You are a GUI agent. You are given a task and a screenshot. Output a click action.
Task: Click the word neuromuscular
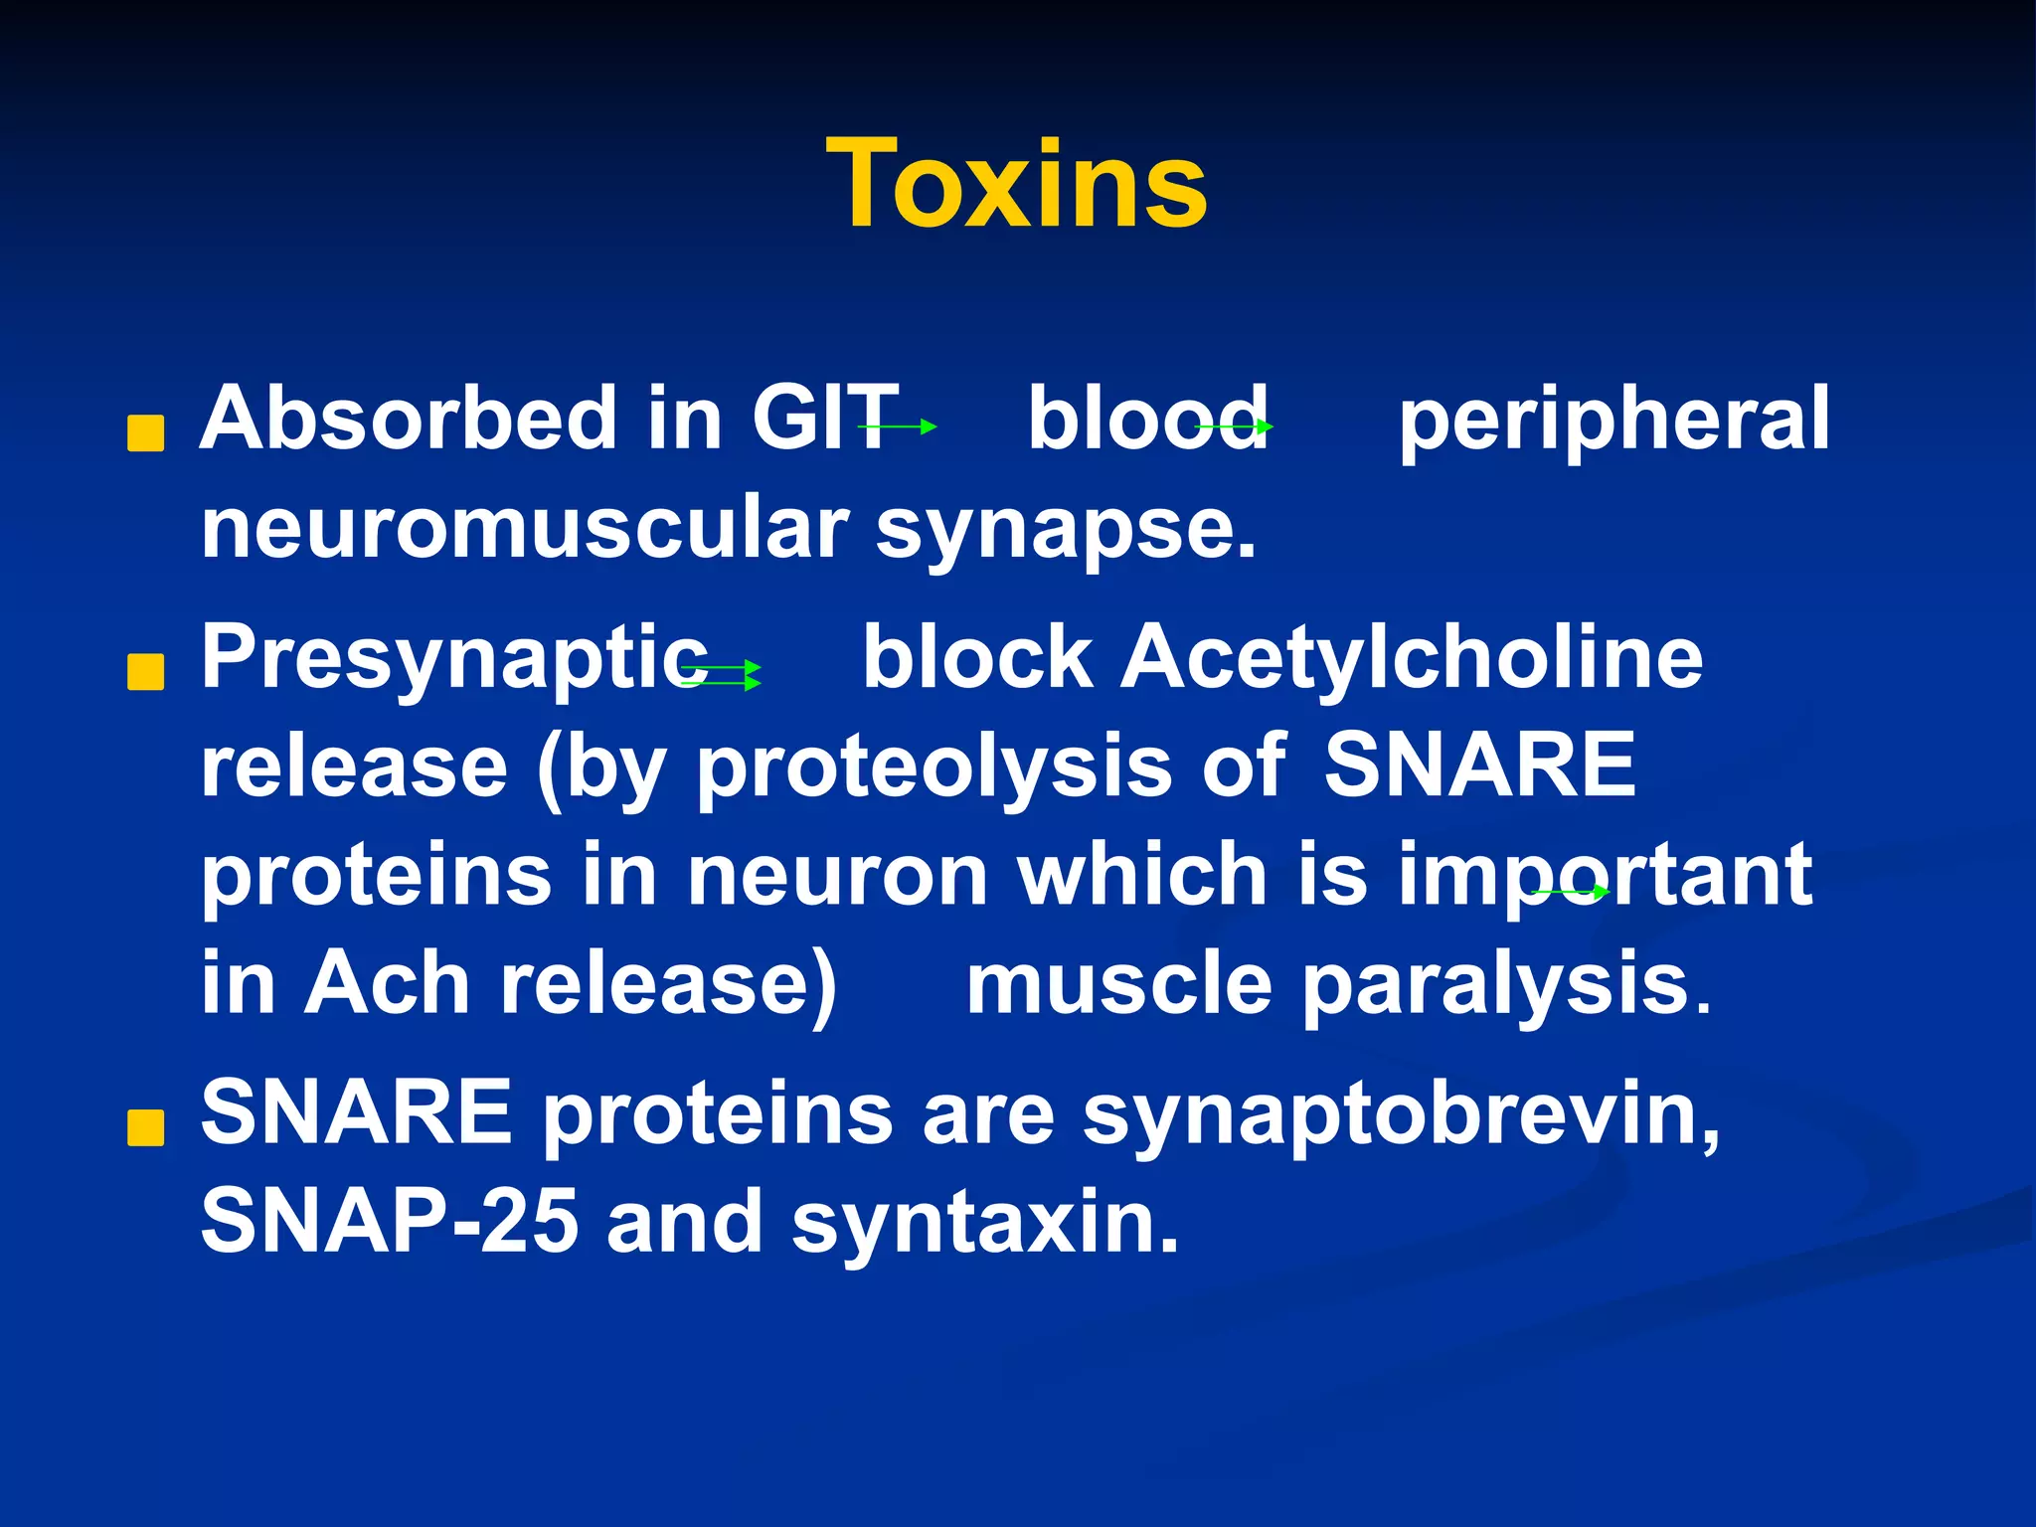pyautogui.click(x=524, y=528)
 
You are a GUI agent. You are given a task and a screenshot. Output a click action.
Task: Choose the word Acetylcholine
pyautogui.click(x=1412, y=657)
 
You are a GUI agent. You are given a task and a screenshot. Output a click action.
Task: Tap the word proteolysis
pyautogui.click(x=933, y=768)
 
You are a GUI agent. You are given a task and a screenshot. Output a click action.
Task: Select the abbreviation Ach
pyautogui.click(x=387, y=984)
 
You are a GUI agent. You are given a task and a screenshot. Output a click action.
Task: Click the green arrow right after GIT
pyautogui.click(x=898, y=426)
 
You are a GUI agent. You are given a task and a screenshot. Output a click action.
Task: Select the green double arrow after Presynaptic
pyautogui.click(x=722, y=675)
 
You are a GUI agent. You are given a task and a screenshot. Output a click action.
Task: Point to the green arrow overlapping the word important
pyautogui.click(x=1571, y=892)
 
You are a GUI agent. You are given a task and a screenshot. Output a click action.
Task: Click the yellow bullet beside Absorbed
pyautogui.click(x=146, y=434)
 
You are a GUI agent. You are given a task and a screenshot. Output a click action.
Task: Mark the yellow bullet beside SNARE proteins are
pyautogui.click(x=146, y=1128)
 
